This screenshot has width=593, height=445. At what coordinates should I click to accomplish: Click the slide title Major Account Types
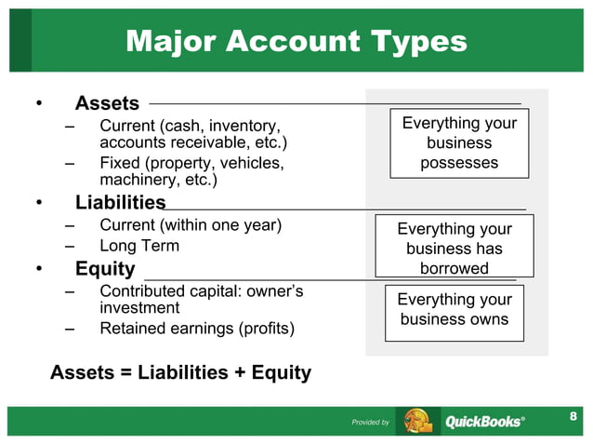[296, 41]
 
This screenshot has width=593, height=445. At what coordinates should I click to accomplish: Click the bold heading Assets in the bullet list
[107, 103]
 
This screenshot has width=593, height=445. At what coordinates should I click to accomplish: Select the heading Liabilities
[120, 202]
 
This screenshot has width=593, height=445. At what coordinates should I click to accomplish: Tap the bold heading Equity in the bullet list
[105, 269]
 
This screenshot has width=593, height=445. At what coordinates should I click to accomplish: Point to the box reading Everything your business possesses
[459, 143]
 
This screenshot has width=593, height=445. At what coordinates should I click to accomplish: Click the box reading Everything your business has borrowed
[455, 248]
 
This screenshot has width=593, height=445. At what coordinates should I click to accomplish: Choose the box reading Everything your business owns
[454, 309]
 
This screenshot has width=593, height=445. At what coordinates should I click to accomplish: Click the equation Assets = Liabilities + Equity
[180, 372]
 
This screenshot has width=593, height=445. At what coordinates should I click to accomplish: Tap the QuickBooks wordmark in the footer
[483, 422]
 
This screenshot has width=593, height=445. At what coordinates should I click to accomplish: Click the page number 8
[573, 415]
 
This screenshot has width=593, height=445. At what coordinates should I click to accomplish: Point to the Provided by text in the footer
[370, 423]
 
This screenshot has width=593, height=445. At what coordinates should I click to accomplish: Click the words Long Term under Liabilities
[139, 246]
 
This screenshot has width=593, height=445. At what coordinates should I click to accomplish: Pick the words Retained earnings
[167, 329]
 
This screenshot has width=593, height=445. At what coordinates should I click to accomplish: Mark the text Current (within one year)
[190, 224]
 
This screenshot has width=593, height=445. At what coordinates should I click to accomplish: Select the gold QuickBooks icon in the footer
[417, 422]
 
